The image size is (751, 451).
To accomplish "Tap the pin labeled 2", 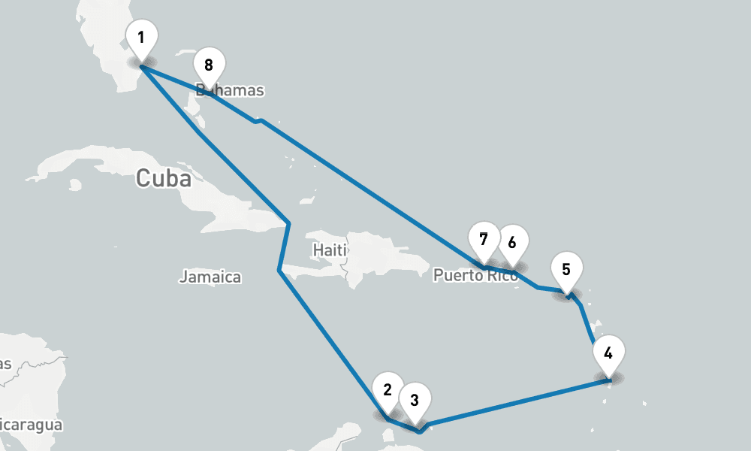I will (x=388, y=390).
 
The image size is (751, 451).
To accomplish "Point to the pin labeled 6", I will (x=512, y=243).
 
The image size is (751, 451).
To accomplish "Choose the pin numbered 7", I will (x=484, y=240).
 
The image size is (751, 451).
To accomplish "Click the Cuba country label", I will (x=163, y=179).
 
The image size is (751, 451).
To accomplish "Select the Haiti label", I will (x=329, y=249).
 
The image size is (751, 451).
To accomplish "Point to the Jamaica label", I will (x=210, y=277).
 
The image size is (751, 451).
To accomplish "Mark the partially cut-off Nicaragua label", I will (x=30, y=425).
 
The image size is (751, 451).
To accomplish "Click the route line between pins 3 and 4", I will (x=518, y=405).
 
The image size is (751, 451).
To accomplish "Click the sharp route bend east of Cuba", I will (x=288, y=222).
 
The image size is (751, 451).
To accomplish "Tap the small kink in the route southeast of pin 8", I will (x=258, y=120).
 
